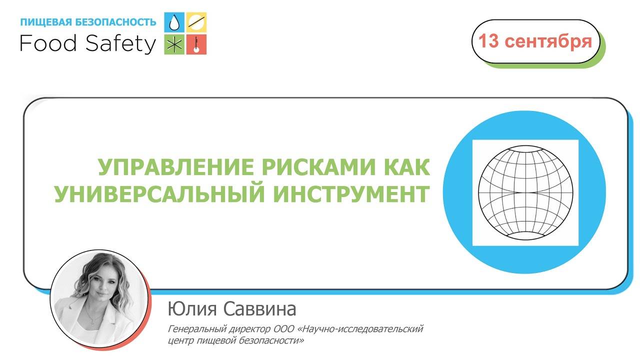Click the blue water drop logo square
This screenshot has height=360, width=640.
[x=174, y=22]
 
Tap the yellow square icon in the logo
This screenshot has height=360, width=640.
[x=196, y=22]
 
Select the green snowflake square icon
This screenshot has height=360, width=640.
[x=174, y=44]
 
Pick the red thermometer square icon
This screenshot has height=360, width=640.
[x=196, y=44]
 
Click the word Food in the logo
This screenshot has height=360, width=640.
[x=48, y=44]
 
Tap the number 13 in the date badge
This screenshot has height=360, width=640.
[x=488, y=41]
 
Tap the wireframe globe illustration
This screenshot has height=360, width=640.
[x=525, y=193]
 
